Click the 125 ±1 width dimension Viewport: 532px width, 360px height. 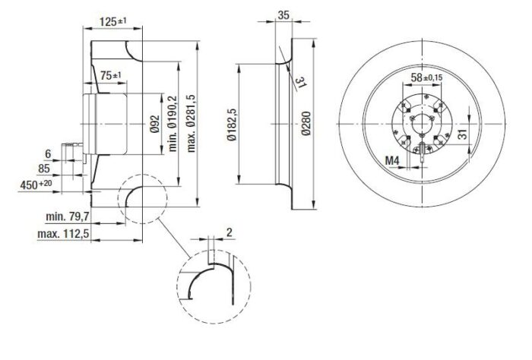point(113,22)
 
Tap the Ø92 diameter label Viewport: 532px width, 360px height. point(155,124)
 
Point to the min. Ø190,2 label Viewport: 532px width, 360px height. point(173,123)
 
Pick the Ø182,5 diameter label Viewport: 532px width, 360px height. point(232,125)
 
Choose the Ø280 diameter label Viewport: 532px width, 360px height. point(306,123)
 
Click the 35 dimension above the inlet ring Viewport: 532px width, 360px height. point(283,15)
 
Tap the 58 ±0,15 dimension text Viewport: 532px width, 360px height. point(426,77)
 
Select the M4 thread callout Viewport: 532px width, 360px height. point(392,160)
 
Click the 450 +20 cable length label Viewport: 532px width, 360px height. point(36,185)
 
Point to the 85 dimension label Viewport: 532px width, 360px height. point(44,169)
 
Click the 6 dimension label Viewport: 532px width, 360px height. point(48,154)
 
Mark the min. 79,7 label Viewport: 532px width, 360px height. point(67,216)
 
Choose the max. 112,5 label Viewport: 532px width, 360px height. point(63,234)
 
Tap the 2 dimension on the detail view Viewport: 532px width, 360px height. point(230,232)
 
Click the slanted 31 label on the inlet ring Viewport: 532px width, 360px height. point(300,82)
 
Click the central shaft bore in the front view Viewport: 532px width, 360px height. point(421,124)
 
